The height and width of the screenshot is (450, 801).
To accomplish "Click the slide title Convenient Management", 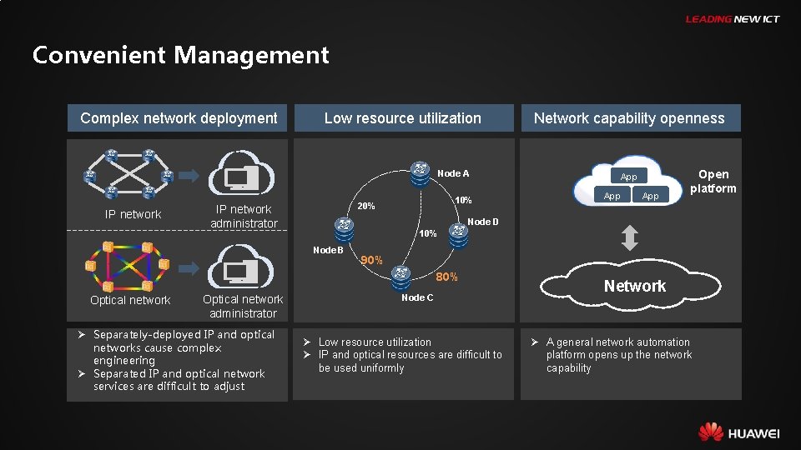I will pyautogui.click(x=180, y=56).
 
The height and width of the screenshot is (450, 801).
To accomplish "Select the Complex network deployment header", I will pyautogui.click(x=178, y=118).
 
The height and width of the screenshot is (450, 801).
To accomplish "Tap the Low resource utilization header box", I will pyautogui.click(x=402, y=118).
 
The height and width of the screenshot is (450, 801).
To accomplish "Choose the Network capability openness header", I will pyautogui.click(x=629, y=118).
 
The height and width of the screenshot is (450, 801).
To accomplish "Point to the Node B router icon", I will pyautogui.click(x=343, y=227).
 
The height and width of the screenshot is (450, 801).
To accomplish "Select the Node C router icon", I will pyautogui.click(x=402, y=275).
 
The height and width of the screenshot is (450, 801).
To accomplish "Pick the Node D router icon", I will pyautogui.click(x=458, y=236).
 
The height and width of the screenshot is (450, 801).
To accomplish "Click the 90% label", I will pyautogui.click(x=371, y=261).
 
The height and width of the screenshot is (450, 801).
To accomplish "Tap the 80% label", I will pyautogui.click(x=446, y=277).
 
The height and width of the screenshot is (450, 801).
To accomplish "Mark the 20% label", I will pyautogui.click(x=365, y=206).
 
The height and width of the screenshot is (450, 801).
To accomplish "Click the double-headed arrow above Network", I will pyautogui.click(x=629, y=239).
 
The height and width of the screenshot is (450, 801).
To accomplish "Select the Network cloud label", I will pyautogui.click(x=635, y=286).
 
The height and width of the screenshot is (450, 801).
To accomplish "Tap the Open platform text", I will pyautogui.click(x=713, y=181).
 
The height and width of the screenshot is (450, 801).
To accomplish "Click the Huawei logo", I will pyautogui.click(x=738, y=432).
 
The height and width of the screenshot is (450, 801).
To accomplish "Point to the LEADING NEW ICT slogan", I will pyautogui.click(x=732, y=19).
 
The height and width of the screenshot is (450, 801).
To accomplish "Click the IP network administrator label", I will pyautogui.click(x=244, y=216).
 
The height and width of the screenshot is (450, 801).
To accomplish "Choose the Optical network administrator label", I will pyautogui.click(x=243, y=306).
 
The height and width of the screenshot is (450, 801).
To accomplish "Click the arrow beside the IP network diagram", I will pyautogui.click(x=189, y=176).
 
